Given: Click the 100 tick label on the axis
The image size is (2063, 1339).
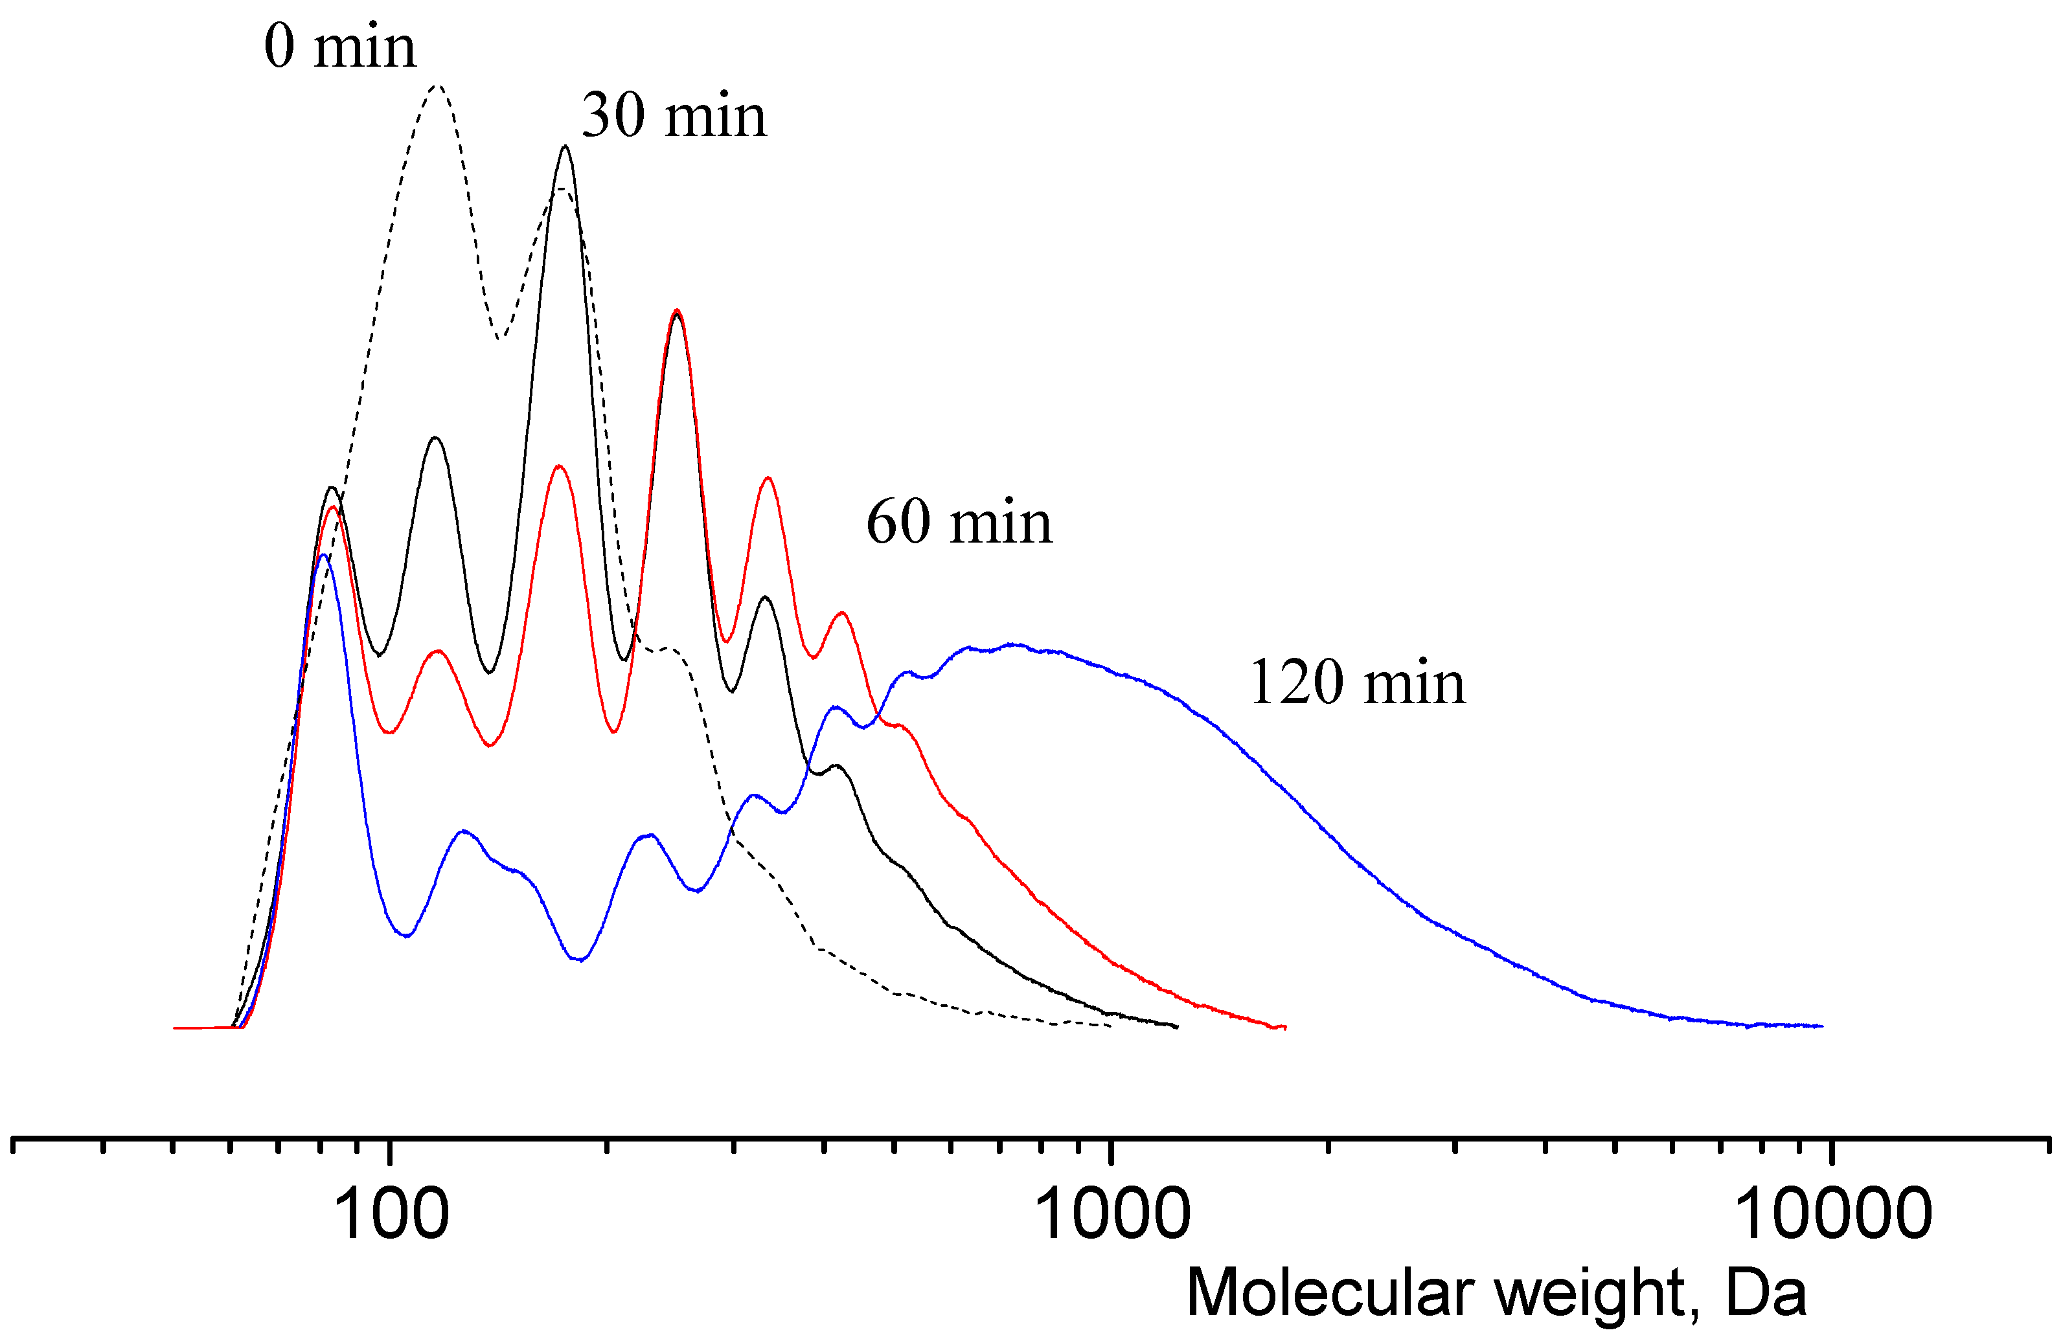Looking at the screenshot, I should [x=391, y=1215].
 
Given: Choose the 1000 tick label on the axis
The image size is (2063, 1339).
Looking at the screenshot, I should [x=1112, y=1215].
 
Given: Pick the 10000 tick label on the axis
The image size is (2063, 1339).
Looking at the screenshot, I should [x=1832, y=1215].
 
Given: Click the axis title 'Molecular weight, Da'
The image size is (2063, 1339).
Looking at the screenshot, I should [x=1496, y=1294].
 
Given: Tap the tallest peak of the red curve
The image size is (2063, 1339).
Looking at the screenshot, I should [x=677, y=309].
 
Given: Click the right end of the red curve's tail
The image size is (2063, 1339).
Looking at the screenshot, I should [x=1284, y=1027].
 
